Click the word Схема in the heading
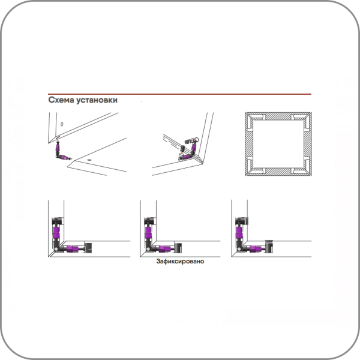pyautogui.click(x=61, y=100)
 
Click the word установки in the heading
pyautogui.click(x=97, y=100)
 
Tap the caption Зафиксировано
pyautogui.click(x=180, y=261)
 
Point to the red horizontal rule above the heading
pyautogui.click(x=179, y=94)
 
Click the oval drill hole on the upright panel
pyautogui.click(x=62, y=124)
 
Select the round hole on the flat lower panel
pyautogui.click(x=89, y=160)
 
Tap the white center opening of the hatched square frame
pyautogui.click(x=278, y=144)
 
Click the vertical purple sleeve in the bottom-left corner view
pyautogui.click(x=56, y=232)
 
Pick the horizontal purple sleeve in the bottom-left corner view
pyautogui.click(x=73, y=248)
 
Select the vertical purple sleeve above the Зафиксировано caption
pyautogui.click(x=148, y=232)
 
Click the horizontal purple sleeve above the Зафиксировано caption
pyautogui.click(x=164, y=248)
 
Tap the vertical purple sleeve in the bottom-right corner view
pyautogui.click(x=239, y=232)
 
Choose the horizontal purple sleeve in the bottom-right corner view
pyautogui.click(x=256, y=248)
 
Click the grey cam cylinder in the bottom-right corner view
pyautogui.click(x=269, y=247)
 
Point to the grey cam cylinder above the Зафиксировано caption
pyautogui.click(x=178, y=248)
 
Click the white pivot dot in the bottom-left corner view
pyautogui.click(x=56, y=250)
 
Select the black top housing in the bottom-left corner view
pyautogui.click(x=58, y=221)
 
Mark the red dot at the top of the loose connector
pyautogui.click(x=58, y=140)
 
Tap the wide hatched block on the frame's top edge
pyautogui.click(x=278, y=116)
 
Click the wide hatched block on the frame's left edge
pyautogui.click(x=249, y=145)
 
